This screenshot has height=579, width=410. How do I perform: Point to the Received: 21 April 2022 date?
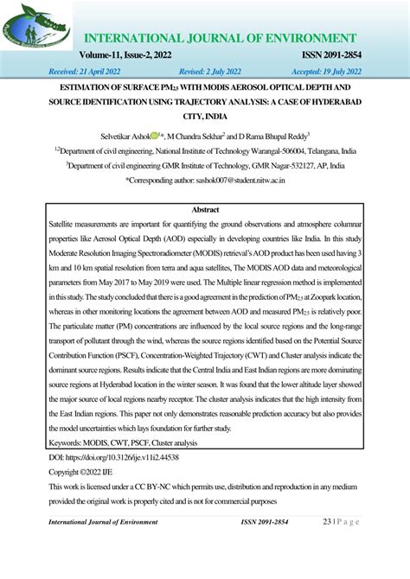[x=75, y=72]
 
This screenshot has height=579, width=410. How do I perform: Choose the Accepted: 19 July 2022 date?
[x=342, y=72]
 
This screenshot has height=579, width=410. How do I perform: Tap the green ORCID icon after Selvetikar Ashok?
[x=155, y=135]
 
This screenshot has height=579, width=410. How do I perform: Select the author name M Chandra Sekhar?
[x=195, y=136]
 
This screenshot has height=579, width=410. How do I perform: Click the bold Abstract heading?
[x=204, y=210]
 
